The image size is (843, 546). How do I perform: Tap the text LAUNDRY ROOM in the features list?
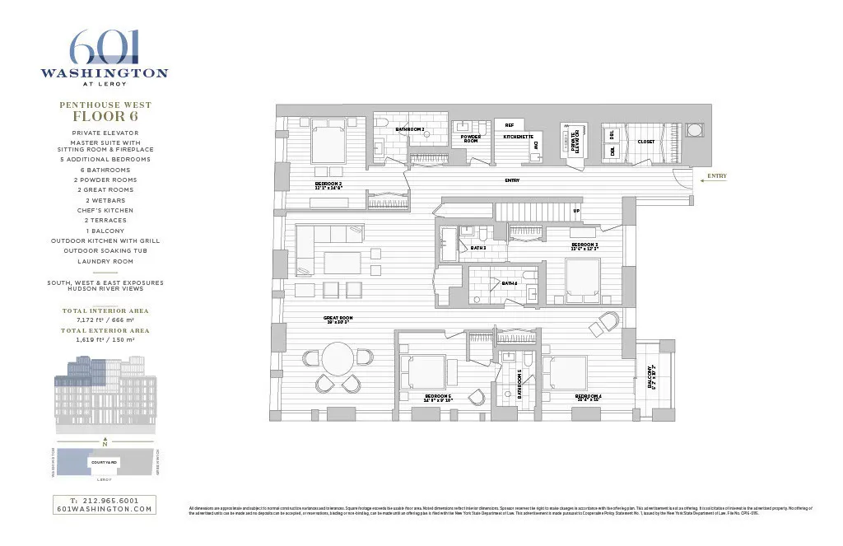click(105, 261)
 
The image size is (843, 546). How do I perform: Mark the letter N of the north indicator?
click(105, 446)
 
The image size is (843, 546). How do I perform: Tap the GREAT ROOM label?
click(338, 318)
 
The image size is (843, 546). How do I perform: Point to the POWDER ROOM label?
click(470, 139)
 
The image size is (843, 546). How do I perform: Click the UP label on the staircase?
click(576, 211)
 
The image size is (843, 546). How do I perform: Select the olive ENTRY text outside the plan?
click(716, 176)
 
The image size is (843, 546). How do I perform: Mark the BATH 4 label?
click(509, 283)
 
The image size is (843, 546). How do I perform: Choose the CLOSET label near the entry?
click(646, 142)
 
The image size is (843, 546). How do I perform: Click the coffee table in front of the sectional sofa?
click(342, 263)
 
